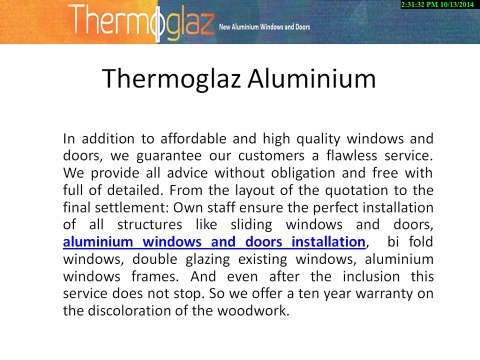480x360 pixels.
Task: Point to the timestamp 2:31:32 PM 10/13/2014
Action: (437, 6)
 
